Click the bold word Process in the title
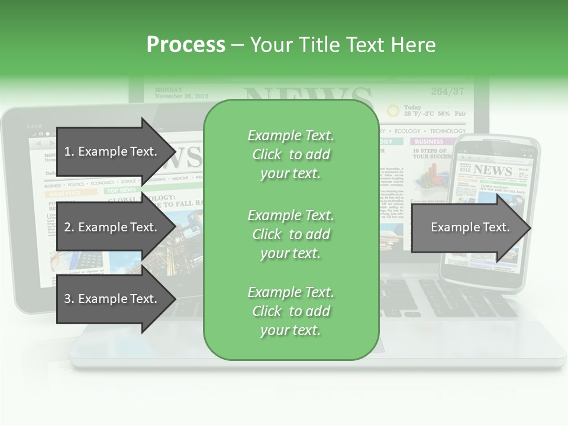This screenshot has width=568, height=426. [186, 45]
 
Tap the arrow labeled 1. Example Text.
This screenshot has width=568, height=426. [112, 151]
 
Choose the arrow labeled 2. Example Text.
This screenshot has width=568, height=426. [112, 227]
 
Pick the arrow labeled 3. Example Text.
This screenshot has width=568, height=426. [112, 299]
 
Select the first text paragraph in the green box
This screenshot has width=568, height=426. [291, 154]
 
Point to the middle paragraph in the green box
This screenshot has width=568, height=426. [291, 234]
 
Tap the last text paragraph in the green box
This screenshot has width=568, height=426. [291, 311]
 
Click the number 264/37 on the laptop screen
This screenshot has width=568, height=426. [447, 92]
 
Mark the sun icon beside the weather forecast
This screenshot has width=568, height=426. [392, 111]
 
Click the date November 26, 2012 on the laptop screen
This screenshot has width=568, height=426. [181, 96]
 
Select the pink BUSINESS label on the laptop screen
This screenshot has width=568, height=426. [429, 142]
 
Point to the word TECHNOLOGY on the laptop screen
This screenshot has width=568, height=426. [447, 131]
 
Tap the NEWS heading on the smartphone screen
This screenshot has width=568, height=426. [492, 171]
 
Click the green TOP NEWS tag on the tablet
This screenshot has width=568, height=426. [121, 191]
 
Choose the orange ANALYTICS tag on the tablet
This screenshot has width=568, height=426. [64, 193]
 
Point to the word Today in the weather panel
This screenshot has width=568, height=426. [412, 107]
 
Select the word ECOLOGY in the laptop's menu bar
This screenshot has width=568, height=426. [407, 131]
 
